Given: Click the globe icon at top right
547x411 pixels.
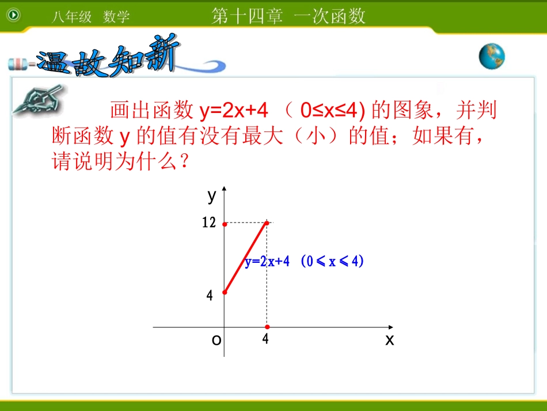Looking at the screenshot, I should (492, 56).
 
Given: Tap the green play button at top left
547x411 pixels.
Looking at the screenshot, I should (13, 14).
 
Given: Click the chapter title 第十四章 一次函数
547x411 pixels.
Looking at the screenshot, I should (288, 16).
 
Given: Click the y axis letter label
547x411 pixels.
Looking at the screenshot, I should (211, 196).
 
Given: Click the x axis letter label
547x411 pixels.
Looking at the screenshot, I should (390, 340).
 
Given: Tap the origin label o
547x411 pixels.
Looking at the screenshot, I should (216, 340).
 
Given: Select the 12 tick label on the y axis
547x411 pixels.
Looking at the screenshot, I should (208, 223).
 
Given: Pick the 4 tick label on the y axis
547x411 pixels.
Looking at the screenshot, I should (210, 296).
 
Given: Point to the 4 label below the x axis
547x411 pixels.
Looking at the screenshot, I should (265, 339).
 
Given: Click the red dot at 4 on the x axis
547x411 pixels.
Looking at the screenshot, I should (267, 327).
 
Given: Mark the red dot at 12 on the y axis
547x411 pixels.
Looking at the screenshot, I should (225, 224).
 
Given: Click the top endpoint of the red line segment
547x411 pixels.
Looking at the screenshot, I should (267, 222).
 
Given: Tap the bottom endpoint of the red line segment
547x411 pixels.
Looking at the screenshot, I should (225, 292).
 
